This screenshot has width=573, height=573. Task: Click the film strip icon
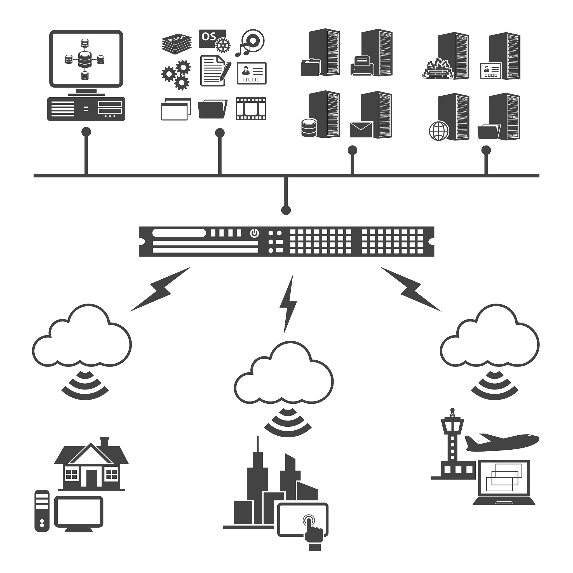pos(251,109)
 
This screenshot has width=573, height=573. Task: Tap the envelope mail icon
pos(361,130)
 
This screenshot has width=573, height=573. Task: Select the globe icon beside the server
pos(439,130)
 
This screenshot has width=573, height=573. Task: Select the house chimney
pos(104,441)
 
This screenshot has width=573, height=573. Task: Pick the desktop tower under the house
pos(42,511)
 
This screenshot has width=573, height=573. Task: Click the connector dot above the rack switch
pos(286,210)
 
